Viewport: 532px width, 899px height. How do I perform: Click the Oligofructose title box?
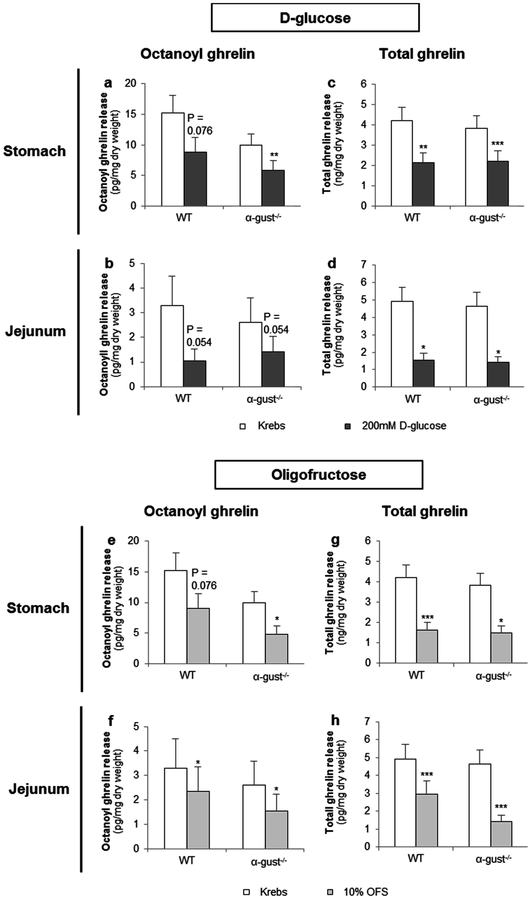(319, 475)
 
